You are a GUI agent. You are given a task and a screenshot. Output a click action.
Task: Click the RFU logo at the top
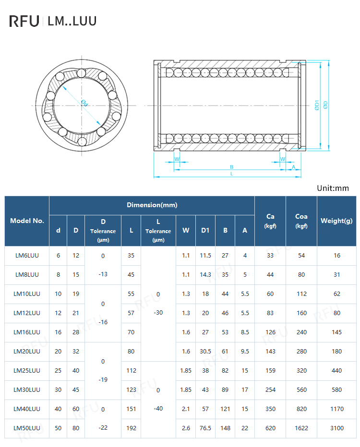(x=24, y=21)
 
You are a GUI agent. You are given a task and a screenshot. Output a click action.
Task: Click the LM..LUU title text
(x=72, y=21)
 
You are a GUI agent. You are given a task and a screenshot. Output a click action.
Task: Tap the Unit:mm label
(x=333, y=188)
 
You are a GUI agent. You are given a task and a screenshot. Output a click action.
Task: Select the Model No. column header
(x=27, y=221)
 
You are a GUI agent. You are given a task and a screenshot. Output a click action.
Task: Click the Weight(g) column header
(x=336, y=221)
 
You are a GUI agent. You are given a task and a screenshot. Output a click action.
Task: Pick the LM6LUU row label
(x=27, y=256)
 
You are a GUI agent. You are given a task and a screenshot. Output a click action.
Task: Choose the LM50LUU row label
(x=27, y=428)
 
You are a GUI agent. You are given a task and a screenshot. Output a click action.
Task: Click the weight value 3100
(x=336, y=428)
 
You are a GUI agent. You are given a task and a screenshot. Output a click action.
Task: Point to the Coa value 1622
(x=301, y=428)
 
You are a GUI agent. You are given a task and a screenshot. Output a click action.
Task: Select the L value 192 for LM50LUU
(x=131, y=428)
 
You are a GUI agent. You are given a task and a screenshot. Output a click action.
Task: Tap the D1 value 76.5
(x=205, y=428)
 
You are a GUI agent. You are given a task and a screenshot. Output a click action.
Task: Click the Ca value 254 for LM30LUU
(x=270, y=389)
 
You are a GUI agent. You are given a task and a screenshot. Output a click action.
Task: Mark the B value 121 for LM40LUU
(x=225, y=409)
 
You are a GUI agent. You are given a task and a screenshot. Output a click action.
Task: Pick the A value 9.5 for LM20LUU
(x=245, y=351)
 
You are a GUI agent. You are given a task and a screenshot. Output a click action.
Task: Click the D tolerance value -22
(x=103, y=427)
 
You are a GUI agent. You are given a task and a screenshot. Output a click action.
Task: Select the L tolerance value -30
(x=158, y=312)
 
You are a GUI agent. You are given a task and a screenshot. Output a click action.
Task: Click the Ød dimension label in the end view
(x=84, y=103)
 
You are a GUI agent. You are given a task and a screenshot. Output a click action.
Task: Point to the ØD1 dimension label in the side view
(x=317, y=105)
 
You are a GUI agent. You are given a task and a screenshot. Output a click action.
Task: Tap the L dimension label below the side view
(x=231, y=174)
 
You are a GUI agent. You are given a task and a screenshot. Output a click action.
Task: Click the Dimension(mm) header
(x=152, y=205)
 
